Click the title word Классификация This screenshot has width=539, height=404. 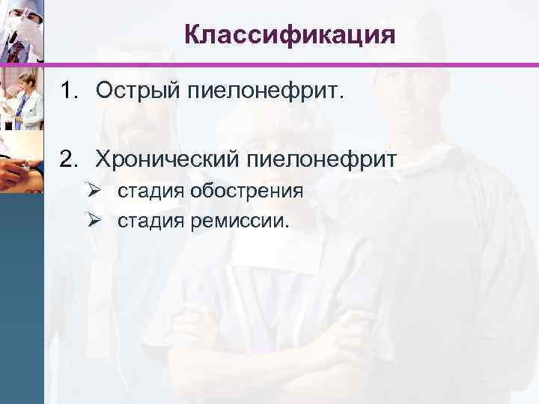[x=289, y=34]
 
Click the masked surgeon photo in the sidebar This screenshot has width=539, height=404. [x=21, y=31]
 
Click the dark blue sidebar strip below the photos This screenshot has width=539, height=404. [x=21, y=299]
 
